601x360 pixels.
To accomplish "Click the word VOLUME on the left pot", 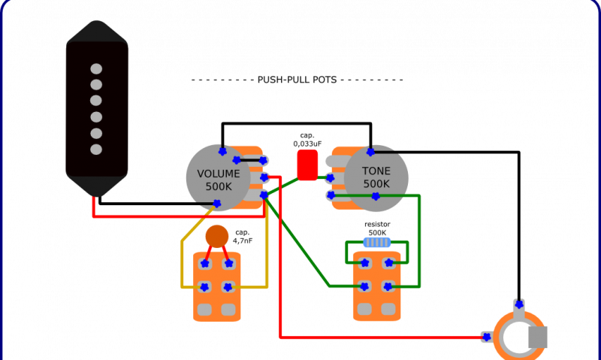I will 219,174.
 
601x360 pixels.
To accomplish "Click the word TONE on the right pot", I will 376,171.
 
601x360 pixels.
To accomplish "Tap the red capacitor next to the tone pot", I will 307,165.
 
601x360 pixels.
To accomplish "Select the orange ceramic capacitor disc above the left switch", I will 217,236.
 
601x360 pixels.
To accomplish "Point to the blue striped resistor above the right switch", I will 376,242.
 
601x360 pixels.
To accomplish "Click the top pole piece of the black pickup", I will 96,69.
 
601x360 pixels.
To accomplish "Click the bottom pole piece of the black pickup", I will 96,149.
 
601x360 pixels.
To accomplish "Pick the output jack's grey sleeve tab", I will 538,337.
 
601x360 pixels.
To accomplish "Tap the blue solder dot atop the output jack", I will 518,304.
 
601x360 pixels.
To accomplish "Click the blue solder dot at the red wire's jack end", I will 486,337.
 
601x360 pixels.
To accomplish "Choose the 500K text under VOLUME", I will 219,186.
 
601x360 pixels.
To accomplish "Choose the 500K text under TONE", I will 376,184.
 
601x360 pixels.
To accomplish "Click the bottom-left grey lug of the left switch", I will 204,309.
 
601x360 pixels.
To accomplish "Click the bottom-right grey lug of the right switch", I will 388,309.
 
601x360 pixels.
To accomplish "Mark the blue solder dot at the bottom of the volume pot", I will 216,203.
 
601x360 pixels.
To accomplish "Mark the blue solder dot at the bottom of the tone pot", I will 375,196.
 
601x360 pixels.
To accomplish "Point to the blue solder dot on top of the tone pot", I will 370,153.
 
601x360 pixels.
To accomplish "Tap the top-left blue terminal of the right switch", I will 364,263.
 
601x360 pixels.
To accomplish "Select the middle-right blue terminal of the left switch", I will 228,286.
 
